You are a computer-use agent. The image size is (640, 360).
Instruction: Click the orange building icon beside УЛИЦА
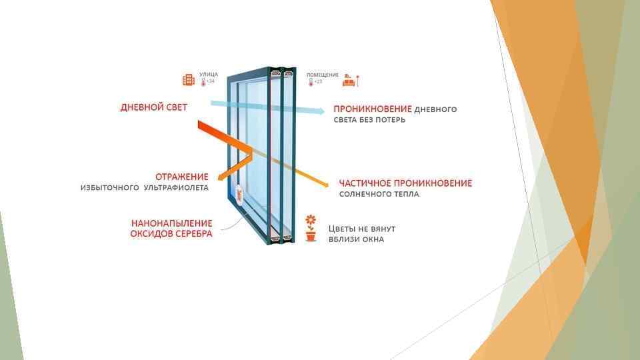pyautogui.click(x=189, y=80)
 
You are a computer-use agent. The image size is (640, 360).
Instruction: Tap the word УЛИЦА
pyautogui.click(x=208, y=75)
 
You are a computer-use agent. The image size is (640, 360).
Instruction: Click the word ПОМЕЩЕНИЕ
pyautogui.click(x=323, y=75)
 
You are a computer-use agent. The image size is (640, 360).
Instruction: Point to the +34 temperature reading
pyautogui.click(x=210, y=81)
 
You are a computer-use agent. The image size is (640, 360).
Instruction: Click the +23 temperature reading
pyautogui.click(x=318, y=81)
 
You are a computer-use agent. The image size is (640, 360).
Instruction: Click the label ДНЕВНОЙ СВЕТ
pyautogui.click(x=153, y=107)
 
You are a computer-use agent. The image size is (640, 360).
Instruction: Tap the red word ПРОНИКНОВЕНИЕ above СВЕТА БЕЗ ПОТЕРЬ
pyautogui.click(x=373, y=109)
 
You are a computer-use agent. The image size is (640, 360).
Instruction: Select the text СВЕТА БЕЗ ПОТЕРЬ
pyautogui.click(x=369, y=121)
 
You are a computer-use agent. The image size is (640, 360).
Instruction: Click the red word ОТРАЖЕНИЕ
pyautogui.click(x=182, y=177)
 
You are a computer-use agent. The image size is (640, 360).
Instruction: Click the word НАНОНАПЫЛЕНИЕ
pyautogui.click(x=172, y=223)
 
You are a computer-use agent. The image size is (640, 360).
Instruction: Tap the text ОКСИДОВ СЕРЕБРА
pyautogui.click(x=172, y=234)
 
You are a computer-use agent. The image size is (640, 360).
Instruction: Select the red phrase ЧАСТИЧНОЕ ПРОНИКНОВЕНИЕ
pyautogui.click(x=405, y=183)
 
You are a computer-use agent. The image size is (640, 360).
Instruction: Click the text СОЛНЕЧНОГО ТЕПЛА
pyautogui.click(x=379, y=195)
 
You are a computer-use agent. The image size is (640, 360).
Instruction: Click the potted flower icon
pyautogui.click(x=310, y=228)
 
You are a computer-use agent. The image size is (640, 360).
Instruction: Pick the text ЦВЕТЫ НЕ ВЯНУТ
pyautogui.click(x=362, y=228)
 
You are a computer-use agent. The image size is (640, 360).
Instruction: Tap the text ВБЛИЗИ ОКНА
pyautogui.click(x=356, y=239)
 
